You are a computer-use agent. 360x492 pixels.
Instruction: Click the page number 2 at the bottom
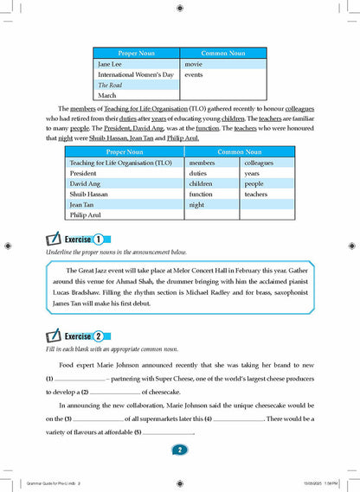click(179, 450)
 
